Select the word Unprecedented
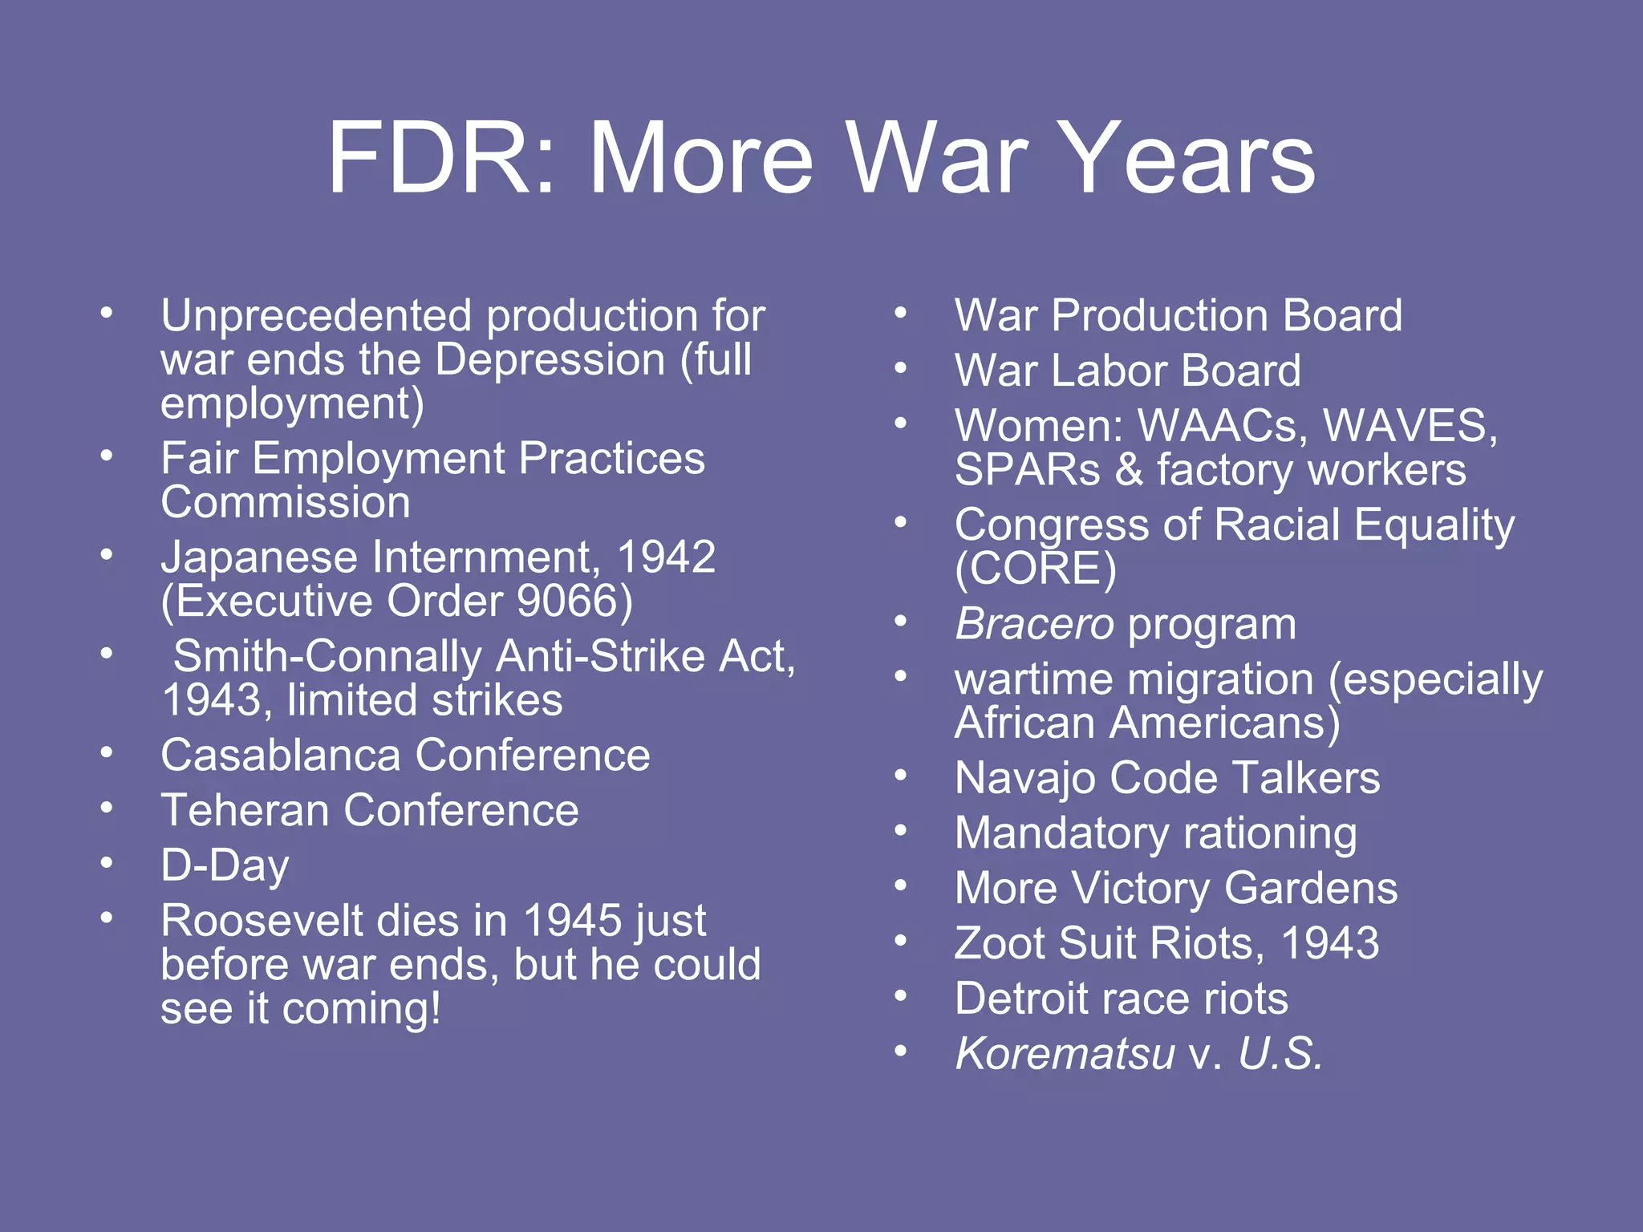pos(317,315)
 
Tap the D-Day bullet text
pos(225,865)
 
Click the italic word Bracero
pos(1034,624)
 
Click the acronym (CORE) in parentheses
pos(1035,569)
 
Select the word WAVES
pos(1410,425)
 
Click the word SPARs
pos(1027,470)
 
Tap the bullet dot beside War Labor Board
pos(901,369)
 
